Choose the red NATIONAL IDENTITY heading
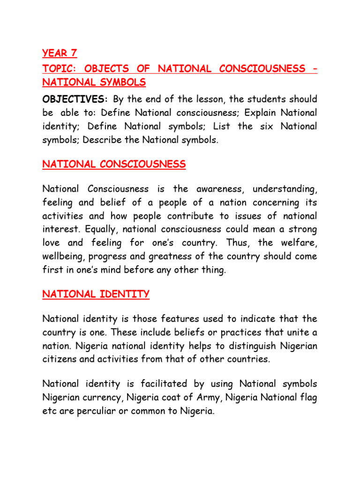point(96,294)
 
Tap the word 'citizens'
point(59,360)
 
